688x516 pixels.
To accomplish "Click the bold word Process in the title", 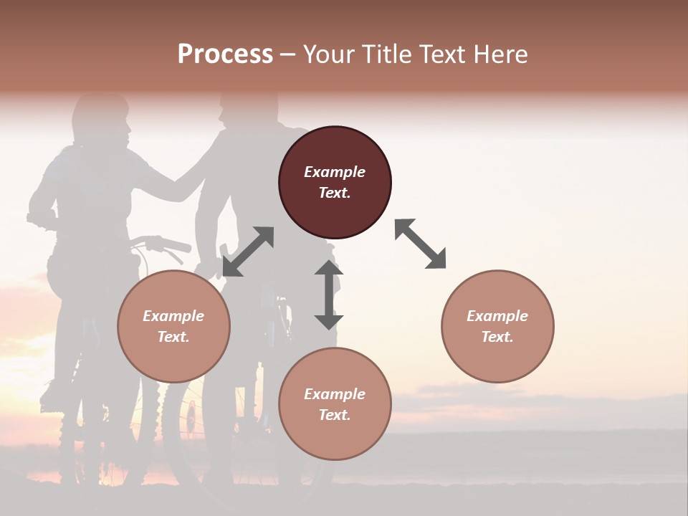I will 225,54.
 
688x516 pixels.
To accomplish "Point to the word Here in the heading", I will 501,54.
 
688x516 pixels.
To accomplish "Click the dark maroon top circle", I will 335,183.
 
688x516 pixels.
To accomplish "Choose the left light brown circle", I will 173,326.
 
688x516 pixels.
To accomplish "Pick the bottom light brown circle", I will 335,404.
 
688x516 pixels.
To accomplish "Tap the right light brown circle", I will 497,326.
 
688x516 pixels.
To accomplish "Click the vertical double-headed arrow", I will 328,295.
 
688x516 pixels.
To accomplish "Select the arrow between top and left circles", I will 248,252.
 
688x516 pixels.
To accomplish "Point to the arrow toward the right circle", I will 420,244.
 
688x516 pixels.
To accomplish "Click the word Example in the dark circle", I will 335,172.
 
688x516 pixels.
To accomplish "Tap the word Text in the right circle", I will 496,337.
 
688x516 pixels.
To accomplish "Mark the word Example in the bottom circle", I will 335,394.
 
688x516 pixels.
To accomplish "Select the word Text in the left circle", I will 172,337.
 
